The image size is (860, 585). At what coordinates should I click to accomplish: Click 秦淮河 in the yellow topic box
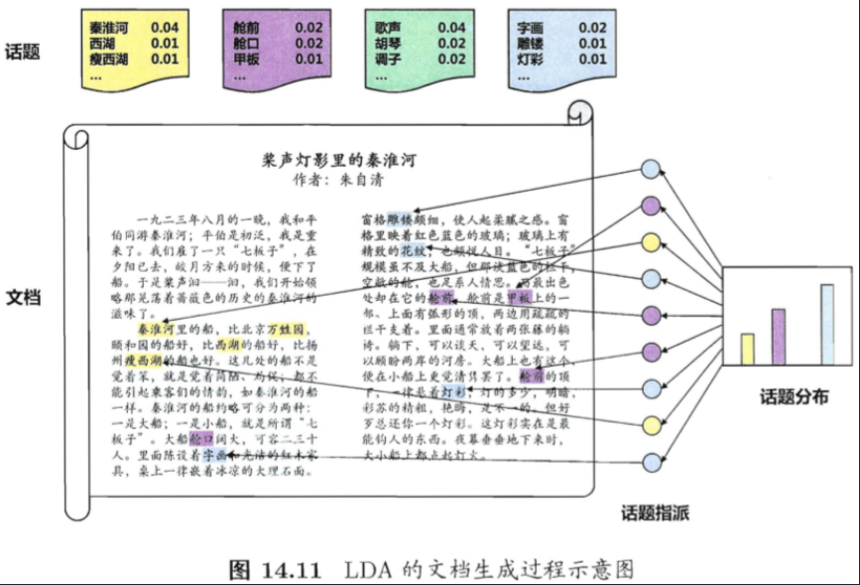point(109,28)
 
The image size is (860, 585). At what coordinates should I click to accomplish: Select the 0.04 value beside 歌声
point(451,28)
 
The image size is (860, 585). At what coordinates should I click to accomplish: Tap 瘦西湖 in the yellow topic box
point(109,60)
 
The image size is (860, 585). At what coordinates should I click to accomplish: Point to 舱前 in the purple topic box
point(246,28)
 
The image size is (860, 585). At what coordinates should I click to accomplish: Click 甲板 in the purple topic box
point(246,60)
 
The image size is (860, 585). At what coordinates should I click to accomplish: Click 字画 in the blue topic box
point(531,28)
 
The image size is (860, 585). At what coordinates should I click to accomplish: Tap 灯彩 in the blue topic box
point(531,60)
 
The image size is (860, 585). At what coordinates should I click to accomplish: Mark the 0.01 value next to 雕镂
point(593,44)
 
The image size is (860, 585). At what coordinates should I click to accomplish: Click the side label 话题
point(23,52)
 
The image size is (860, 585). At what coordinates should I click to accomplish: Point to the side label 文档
point(23,297)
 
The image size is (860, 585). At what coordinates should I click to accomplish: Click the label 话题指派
point(655,512)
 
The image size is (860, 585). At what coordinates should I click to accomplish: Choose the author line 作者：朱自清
point(337,181)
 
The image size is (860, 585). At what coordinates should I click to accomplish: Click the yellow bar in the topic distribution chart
point(747,350)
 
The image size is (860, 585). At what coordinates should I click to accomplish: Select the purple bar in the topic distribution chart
point(778,338)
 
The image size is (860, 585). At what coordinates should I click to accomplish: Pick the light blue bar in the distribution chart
point(826,325)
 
